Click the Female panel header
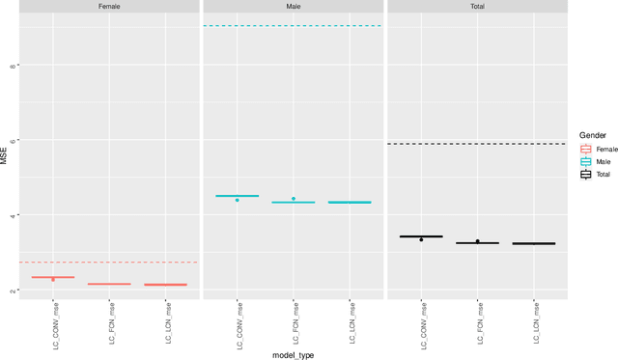pos(110,7)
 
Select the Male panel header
pos(294,7)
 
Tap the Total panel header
pos(477,7)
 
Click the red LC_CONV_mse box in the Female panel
pos(53,277)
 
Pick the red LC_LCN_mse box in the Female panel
pos(165,285)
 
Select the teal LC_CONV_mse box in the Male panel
pos(237,196)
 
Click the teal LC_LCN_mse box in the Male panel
pos(350,203)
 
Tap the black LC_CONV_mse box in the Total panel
pos(421,236)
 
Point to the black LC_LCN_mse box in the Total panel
pos(533,243)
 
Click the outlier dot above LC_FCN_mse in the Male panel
pos(294,199)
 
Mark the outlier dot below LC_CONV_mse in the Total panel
pos(421,239)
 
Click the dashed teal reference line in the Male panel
pos(294,26)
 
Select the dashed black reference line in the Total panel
pos(477,144)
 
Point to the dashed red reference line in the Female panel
pos(110,263)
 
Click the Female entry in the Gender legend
pos(586,150)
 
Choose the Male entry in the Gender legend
pos(586,162)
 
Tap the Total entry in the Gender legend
pos(586,175)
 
